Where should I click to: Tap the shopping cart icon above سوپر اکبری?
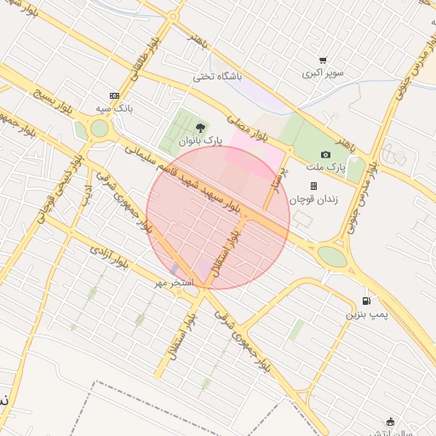click(x=323, y=60)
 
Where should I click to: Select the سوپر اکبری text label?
click(x=323, y=73)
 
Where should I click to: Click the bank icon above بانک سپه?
click(x=115, y=95)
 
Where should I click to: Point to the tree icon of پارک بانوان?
click(x=201, y=128)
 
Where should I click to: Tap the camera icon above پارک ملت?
click(x=325, y=153)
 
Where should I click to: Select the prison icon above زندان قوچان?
click(x=313, y=186)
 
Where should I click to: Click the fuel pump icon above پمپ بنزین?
click(x=366, y=300)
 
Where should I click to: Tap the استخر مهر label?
click(x=175, y=281)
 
